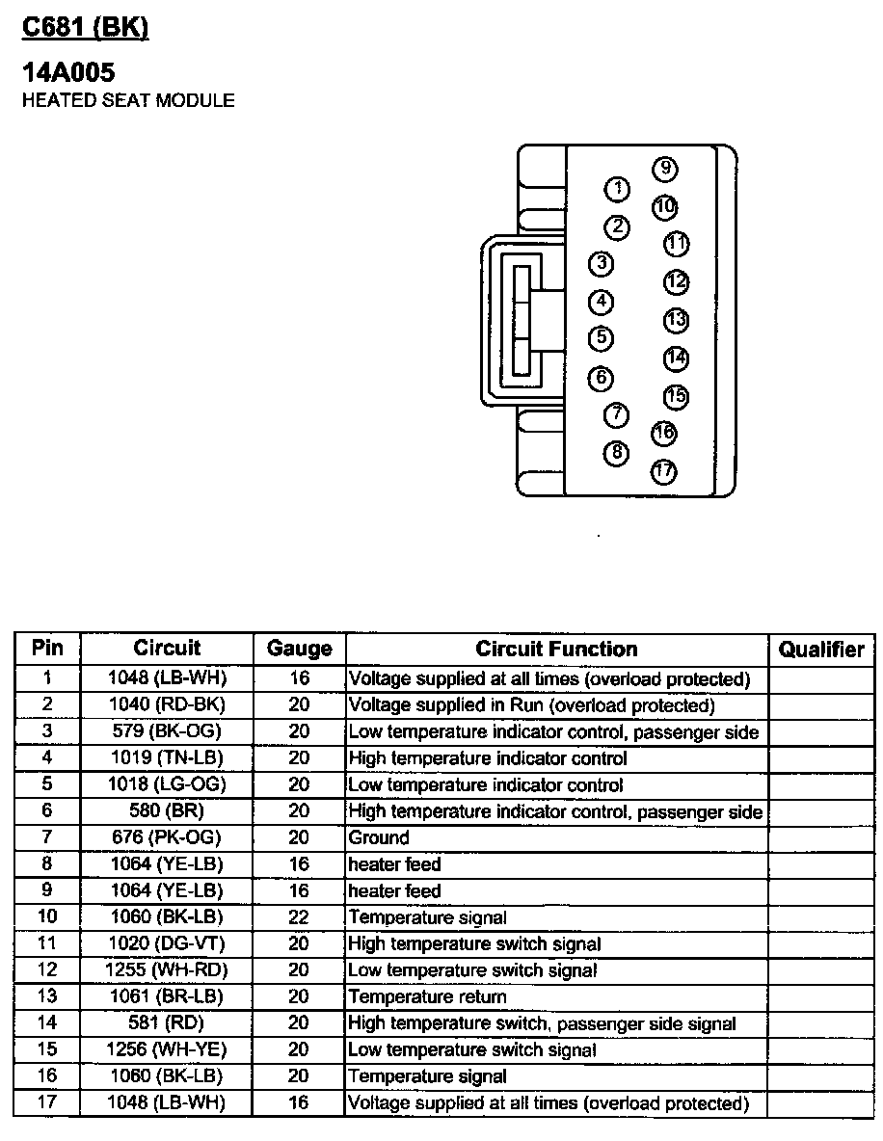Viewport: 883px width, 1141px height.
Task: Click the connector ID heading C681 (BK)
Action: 85,29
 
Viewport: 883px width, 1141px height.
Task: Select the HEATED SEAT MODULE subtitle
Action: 128,100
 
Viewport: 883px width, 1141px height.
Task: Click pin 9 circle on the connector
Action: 664,170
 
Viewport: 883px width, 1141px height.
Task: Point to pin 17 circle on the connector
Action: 663,471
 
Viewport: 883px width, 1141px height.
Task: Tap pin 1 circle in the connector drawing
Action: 616,189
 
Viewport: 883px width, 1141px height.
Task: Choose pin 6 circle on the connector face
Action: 601,377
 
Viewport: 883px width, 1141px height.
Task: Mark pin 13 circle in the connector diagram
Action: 676,320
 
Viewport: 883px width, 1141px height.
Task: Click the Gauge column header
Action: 299,649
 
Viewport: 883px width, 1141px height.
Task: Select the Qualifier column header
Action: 821,649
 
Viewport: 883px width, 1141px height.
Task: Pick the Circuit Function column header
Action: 556,649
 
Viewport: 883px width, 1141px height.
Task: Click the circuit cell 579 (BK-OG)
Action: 167,732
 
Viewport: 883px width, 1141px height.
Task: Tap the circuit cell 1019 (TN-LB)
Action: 167,758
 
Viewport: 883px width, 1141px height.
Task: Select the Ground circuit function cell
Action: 379,837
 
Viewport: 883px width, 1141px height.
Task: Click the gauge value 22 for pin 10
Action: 299,917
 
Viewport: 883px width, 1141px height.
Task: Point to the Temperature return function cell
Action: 427,996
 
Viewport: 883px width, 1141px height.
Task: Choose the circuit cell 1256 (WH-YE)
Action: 167,1049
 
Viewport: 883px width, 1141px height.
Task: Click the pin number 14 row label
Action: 47,1023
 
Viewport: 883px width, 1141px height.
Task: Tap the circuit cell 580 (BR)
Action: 167,811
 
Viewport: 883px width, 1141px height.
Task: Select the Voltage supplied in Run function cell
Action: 531,705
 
